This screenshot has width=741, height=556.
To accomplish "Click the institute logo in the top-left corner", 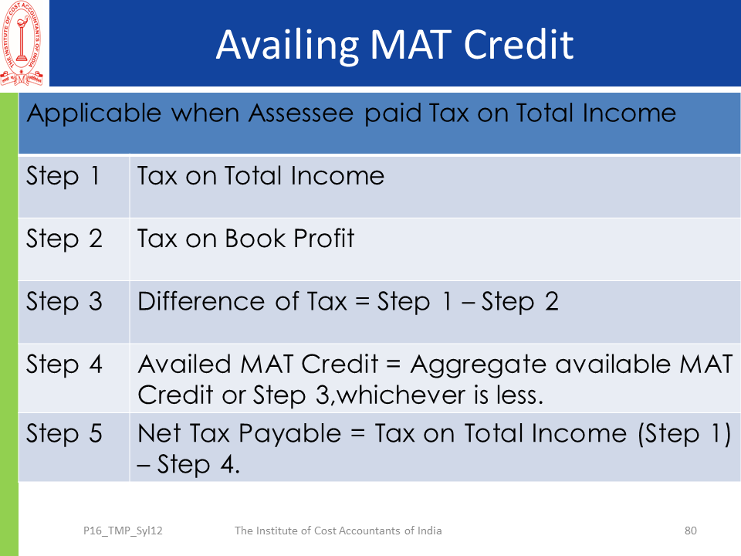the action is click(22, 43).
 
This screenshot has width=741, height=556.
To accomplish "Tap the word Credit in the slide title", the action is click(519, 45).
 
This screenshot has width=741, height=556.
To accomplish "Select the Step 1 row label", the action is click(63, 177).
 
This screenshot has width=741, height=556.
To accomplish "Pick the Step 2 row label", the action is click(64, 239).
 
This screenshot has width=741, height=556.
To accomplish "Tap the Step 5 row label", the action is click(64, 434).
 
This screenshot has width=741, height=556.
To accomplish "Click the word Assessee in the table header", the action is click(301, 114).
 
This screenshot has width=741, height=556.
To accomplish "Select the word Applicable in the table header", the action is click(94, 114).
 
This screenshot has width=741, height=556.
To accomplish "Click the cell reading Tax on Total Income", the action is click(261, 176).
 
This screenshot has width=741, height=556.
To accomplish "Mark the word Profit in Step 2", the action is click(323, 239).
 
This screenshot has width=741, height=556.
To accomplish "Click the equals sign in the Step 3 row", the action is click(362, 302).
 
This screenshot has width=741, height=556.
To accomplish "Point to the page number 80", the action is click(690, 531).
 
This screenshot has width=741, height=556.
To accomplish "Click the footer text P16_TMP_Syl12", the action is click(123, 531).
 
